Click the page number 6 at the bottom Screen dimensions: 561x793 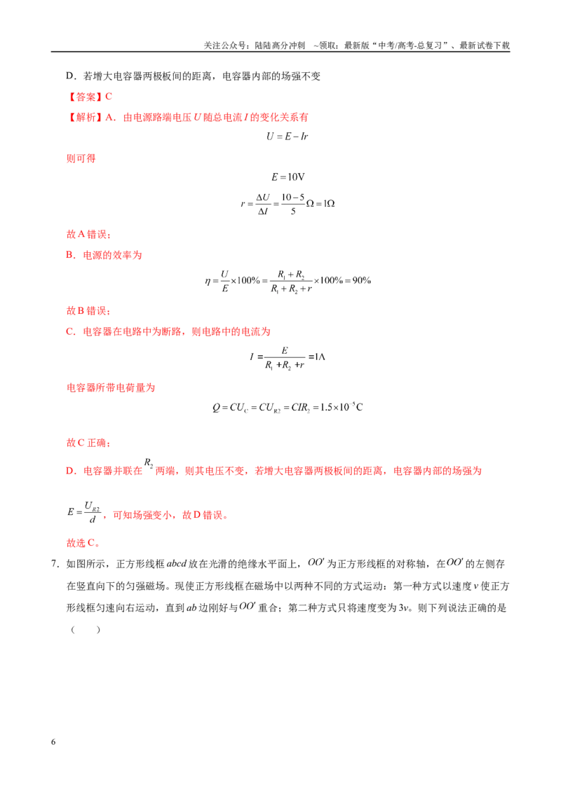pyautogui.click(x=53, y=742)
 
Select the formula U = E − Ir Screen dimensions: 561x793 pyautogui.click(x=287, y=137)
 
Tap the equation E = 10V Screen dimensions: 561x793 pyautogui.click(x=288, y=177)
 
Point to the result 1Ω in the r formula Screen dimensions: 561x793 pyautogui.click(x=329, y=203)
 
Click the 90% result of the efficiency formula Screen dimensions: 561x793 pyautogui.click(x=362, y=280)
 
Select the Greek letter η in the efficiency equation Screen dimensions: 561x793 pyautogui.click(x=208, y=281)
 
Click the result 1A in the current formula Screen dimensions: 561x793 pyautogui.click(x=320, y=357)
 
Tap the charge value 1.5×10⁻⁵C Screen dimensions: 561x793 pyautogui.click(x=342, y=407)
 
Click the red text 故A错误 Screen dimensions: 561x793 pyautogui.click(x=88, y=234)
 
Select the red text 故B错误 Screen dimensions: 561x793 pyautogui.click(x=88, y=310)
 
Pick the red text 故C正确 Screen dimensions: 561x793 pyautogui.click(x=88, y=443)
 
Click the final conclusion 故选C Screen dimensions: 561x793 pyautogui.click(x=83, y=543)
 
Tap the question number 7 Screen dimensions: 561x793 pyautogui.click(x=55, y=564)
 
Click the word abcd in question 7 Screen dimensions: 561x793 pyautogui.click(x=177, y=564)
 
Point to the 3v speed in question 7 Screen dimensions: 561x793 pyautogui.click(x=403, y=608)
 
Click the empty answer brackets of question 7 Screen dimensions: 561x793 pyautogui.click(x=86, y=630)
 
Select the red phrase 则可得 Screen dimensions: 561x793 pyautogui.click(x=81, y=158)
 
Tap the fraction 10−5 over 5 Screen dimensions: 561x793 pyautogui.click(x=293, y=204)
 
